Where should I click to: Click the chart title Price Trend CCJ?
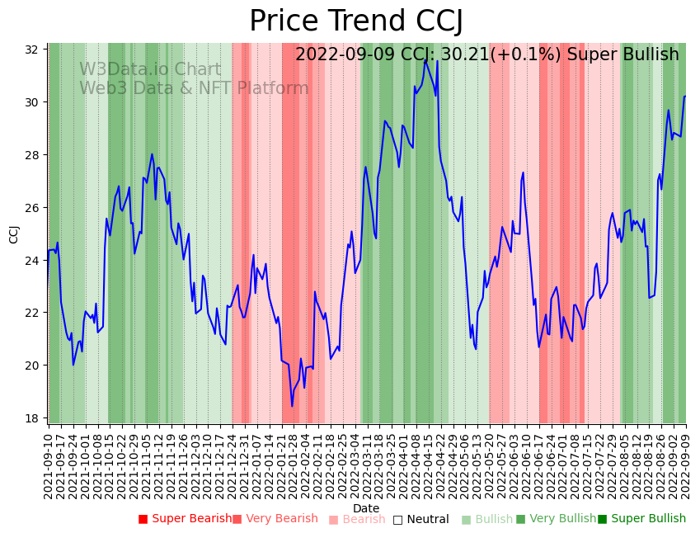(x=356, y=21)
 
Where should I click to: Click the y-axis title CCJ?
(x=14, y=233)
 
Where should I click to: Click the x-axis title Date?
(x=366, y=508)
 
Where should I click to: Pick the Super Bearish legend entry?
(x=186, y=519)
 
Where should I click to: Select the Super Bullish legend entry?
(x=642, y=519)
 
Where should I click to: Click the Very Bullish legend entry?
(x=557, y=519)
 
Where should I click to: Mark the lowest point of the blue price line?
(x=292, y=406)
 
